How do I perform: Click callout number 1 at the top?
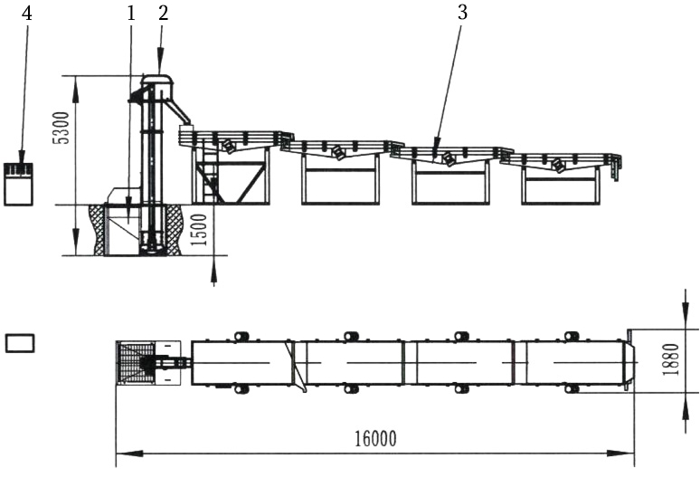click(x=132, y=13)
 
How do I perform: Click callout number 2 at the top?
click(x=163, y=13)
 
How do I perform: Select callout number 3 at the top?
click(x=462, y=13)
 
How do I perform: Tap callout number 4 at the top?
click(x=26, y=13)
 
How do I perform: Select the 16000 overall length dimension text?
click(x=375, y=439)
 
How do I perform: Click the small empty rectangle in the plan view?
click(x=20, y=342)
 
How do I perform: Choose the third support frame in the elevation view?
click(x=450, y=182)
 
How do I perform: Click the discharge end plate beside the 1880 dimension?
click(x=629, y=362)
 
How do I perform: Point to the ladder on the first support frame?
click(x=211, y=177)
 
